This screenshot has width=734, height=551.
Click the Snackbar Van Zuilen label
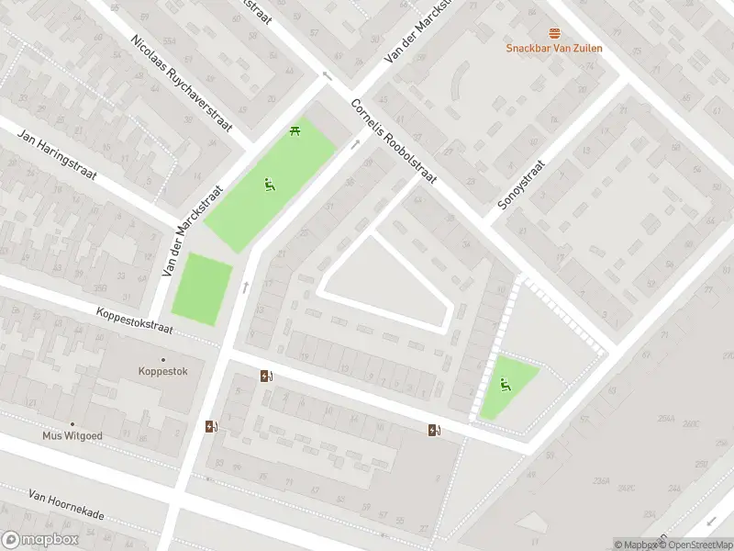[x=554, y=48]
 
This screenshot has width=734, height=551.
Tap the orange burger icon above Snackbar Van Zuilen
[x=554, y=33]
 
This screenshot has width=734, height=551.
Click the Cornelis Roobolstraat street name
[x=394, y=141]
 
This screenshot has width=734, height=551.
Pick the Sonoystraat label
[x=521, y=186]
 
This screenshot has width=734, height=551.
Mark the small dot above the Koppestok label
[x=164, y=360]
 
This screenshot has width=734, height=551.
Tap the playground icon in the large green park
[x=269, y=185]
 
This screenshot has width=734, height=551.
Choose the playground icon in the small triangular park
[x=504, y=384]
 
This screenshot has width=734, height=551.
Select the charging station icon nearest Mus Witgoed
[x=212, y=425]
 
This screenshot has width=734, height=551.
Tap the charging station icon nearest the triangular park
[x=434, y=430]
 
